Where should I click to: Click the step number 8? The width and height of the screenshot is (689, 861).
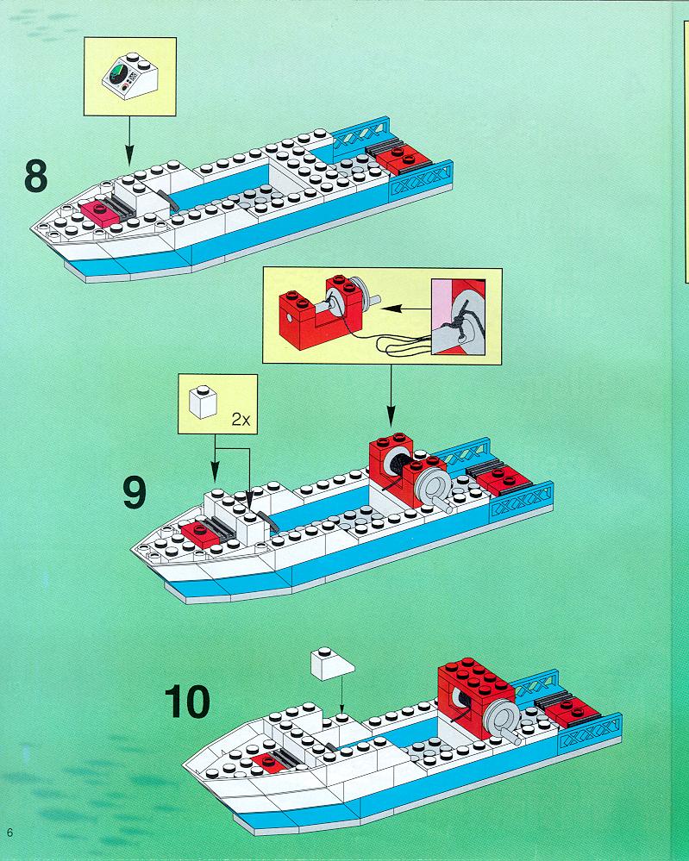pyautogui.click(x=35, y=176)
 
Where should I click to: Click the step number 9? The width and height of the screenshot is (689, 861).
pyautogui.click(x=135, y=492)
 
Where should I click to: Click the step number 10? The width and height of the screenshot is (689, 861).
pyautogui.click(x=187, y=702)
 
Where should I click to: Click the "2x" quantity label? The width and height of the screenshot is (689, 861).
pyautogui.click(x=241, y=420)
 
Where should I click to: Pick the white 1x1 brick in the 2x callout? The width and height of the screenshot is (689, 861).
pyautogui.click(x=203, y=402)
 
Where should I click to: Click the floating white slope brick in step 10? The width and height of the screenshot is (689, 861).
pyautogui.click(x=332, y=664)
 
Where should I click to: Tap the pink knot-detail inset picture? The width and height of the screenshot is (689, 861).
pyautogui.click(x=458, y=317)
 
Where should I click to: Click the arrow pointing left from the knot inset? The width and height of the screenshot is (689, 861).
pyautogui.click(x=406, y=309)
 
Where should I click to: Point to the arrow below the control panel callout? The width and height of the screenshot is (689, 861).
pyautogui.click(x=129, y=140)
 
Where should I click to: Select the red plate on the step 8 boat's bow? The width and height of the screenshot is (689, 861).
pyautogui.click(x=100, y=212)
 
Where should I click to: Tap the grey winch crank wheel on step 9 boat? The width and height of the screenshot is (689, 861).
pyautogui.click(x=434, y=486)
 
